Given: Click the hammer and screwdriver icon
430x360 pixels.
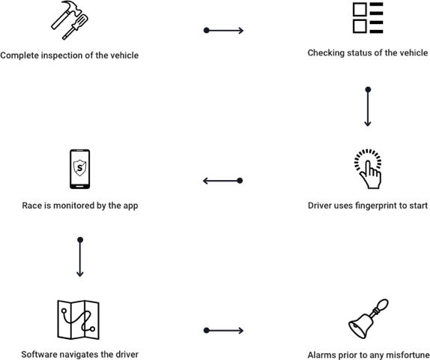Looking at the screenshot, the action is coord(70,20).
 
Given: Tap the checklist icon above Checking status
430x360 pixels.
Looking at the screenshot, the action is coord(368,18).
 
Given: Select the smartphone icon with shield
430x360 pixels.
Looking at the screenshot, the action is coord(80,169).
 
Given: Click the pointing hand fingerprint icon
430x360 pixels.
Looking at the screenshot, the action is coord(368,169).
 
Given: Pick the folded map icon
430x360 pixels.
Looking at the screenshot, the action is coord(78,319).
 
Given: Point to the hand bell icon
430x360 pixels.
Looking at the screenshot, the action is coord(369,319).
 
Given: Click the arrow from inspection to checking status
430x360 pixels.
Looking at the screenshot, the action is coord(223,30).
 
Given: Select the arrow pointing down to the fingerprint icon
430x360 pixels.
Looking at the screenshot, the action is coord(368,106).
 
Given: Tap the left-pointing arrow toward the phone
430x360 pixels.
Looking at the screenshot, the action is coord(222,181).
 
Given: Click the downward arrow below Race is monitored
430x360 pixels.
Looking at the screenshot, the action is coord(80,256).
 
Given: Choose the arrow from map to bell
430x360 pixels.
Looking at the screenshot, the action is coord(223,330).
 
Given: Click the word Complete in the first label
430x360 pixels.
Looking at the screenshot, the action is coord(19,55).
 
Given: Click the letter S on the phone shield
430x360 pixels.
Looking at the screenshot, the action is coord(80,167).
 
